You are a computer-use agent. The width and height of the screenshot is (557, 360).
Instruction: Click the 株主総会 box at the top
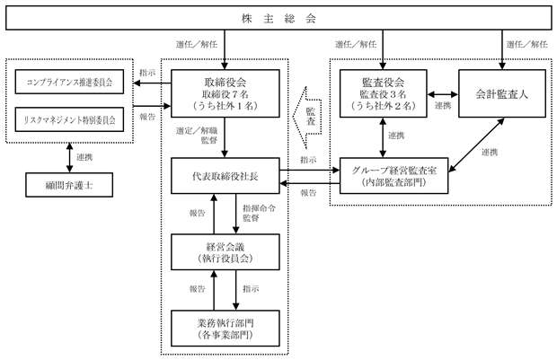[278, 18]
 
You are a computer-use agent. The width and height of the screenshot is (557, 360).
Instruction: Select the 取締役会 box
[225, 93]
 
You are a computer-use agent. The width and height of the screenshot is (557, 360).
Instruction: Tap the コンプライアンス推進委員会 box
[69, 82]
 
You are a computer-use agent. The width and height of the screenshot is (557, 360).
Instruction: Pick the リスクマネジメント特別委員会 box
[69, 119]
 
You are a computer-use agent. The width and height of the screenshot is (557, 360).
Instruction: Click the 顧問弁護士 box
[69, 185]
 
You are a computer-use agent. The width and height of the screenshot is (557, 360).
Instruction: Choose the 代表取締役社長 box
[225, 176]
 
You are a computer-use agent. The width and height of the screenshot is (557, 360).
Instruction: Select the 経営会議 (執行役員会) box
[225, 252]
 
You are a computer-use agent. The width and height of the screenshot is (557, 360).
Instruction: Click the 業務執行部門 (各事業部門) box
[225, 329]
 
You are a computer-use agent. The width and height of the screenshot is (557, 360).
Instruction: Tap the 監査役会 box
[384, 93]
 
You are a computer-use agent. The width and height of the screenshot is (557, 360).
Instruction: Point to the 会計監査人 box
[502, 93]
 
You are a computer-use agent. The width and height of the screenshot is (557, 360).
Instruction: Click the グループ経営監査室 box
[394, 176]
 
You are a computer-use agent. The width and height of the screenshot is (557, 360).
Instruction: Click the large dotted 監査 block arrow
[307, 118]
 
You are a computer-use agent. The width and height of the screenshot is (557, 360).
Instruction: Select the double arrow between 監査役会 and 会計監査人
[443, 94]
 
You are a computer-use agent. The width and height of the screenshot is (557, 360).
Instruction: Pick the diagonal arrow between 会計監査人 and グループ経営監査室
[476, 145]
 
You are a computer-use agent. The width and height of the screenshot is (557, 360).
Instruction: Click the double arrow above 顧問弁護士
[70, 158]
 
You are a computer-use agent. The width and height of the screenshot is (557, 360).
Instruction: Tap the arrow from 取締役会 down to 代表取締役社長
[225, 137]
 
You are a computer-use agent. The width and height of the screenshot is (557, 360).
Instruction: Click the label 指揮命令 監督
[259, 213]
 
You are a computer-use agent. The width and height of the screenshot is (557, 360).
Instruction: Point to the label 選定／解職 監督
[197, 136]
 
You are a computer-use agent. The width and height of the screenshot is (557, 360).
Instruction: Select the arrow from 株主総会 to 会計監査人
[502, 49]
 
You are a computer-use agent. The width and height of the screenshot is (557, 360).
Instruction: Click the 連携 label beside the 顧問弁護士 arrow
[84, 157]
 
